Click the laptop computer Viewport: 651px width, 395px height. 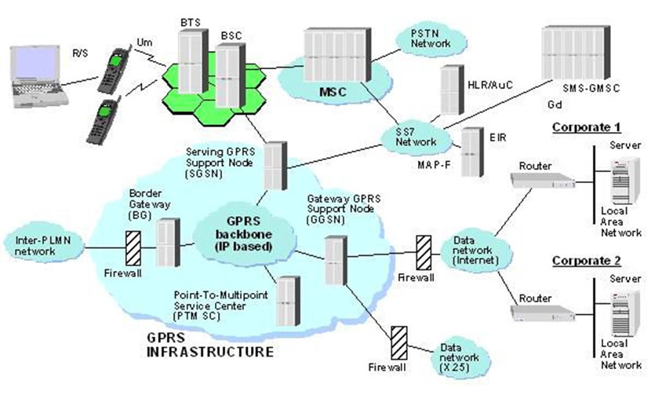click(x=38, y=76)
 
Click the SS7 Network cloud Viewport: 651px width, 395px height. click(x=416, y=137)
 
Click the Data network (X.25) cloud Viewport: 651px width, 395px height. click(x=460, y=357)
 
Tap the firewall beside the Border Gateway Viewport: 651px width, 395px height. click(x=133, y=248)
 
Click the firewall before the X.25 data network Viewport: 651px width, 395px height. click(x=399, y=343)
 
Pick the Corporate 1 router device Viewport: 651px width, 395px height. click(x=542, y=181)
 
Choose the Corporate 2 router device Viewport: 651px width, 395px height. click(x=542, y=313)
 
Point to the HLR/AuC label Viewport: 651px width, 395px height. click(x=490, y=85)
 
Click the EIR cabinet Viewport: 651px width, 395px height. click(x=472, y=152)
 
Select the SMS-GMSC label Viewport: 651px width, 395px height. click(x=591, y=88)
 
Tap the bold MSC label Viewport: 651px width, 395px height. click(x=333, y=91)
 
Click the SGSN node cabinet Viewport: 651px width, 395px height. click(x=275, y=166)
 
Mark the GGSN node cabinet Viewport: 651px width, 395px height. click(x=336, y=260)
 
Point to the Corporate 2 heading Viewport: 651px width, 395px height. click(x=586, y=261)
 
